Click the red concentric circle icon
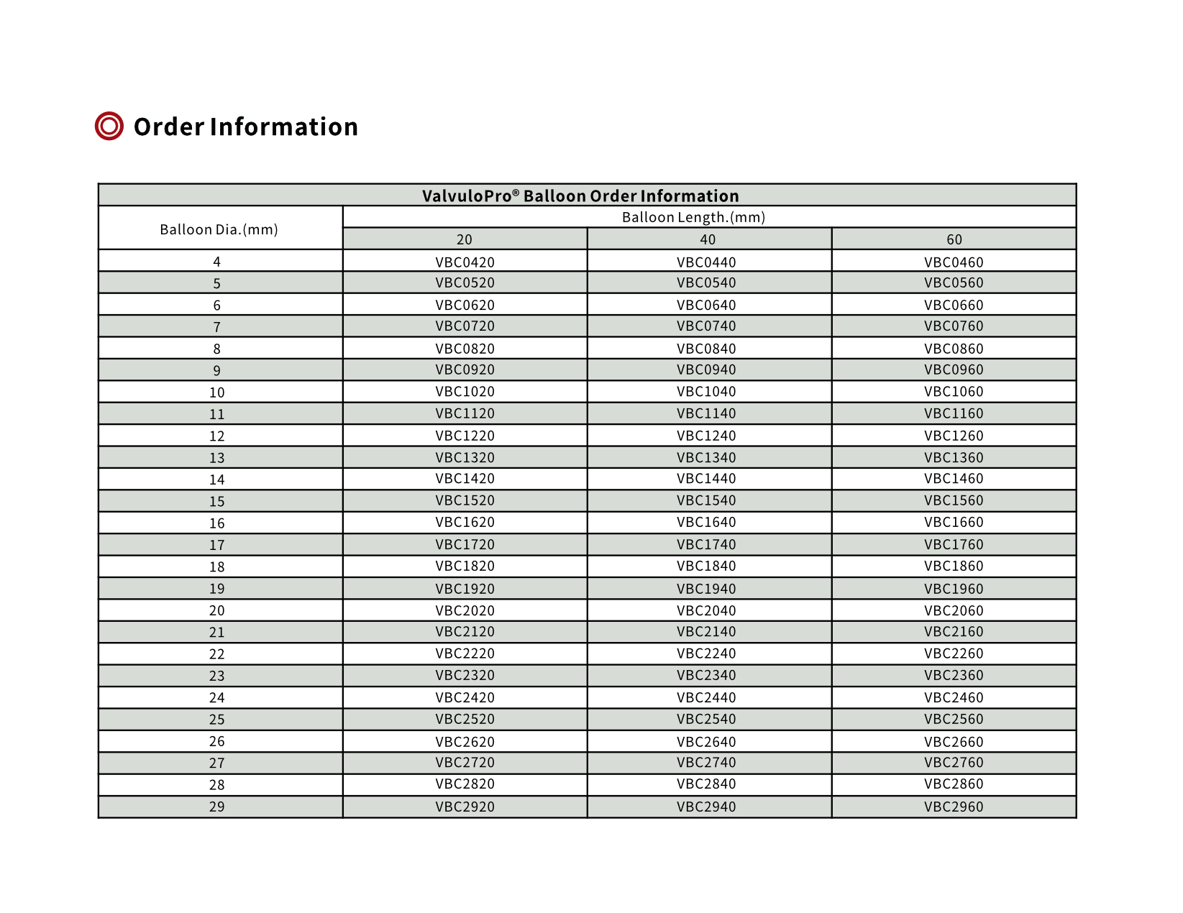(109, 127)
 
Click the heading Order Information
(245, 127)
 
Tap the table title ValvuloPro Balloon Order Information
(580, 196)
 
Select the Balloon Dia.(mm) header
(219, 229)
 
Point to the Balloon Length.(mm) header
(693, 217)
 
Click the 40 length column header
(708, 239)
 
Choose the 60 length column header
(954, 239)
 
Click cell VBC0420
(465, 262)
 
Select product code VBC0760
(954, 326)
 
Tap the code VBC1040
(706, 392)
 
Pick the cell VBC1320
(465, 457)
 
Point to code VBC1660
(954, 523)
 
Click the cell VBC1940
(706, 589)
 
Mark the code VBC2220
(465, 653)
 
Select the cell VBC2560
(954, 719)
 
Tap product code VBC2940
(706, 807)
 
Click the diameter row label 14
(217, 480)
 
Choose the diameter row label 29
(217, 807)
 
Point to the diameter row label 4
(217, 262)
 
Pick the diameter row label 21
(217, 633)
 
